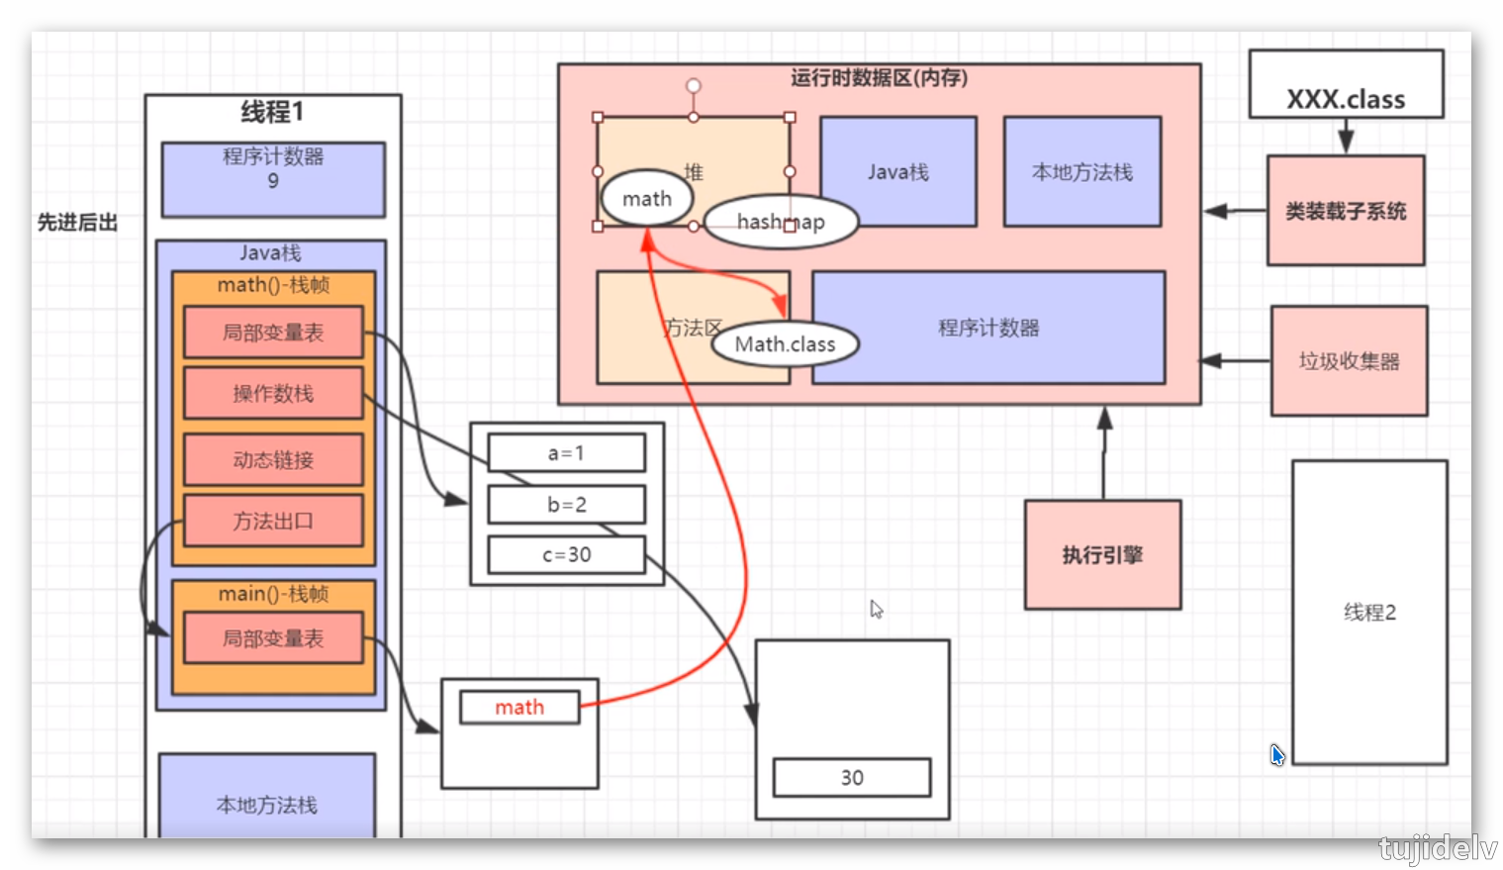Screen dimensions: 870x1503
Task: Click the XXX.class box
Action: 1346,85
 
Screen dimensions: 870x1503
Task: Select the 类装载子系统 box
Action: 1346,210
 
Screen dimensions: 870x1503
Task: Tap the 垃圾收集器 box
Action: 1349,360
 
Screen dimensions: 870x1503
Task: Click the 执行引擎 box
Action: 1102,554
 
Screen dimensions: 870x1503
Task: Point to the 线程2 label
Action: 1369,613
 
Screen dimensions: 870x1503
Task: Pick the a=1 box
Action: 566,453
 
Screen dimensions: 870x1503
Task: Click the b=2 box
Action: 566,505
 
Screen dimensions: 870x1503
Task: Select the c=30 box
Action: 566,555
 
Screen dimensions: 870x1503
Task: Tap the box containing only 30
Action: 852,778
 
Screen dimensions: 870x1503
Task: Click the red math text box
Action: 519,708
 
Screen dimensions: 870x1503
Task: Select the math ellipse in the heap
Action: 646,199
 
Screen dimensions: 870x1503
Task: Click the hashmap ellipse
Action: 781,222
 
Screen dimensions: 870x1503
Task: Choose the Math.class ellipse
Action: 785,344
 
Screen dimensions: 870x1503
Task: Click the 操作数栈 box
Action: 273,394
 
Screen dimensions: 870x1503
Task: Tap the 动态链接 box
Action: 273,460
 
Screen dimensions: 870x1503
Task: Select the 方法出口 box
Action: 273,522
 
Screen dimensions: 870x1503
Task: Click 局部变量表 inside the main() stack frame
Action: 273,638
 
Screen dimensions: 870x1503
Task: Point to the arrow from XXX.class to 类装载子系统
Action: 1346,137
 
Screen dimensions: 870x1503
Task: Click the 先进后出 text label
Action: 77,223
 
